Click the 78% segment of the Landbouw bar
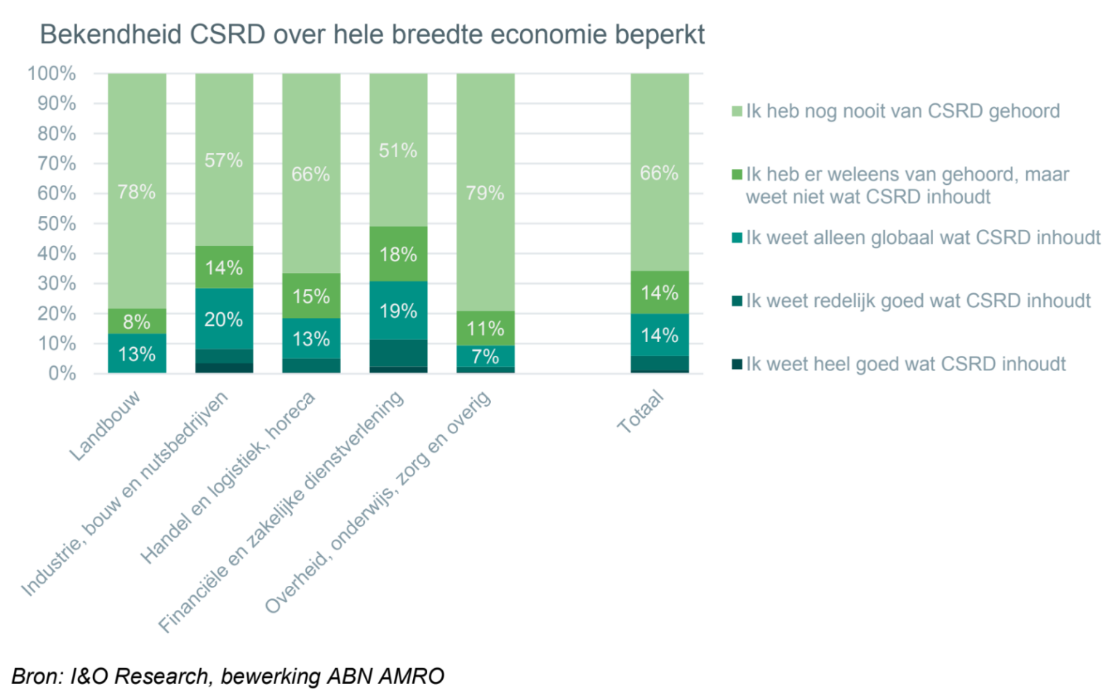coord(137,191)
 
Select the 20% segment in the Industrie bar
coord(224,319)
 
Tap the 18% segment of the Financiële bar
coord(399,254)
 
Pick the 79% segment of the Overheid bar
coord(485,193)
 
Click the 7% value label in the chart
coord(485,357)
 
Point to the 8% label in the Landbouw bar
coord(137,322)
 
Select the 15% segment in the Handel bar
coord(311,296)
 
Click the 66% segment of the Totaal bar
coord(659,173)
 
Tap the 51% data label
coord(399,151)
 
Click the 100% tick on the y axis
coord(52,74)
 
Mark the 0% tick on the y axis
coord(62,373)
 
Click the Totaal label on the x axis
coord(641,412)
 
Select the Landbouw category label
coord(105,426)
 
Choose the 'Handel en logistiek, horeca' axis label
coord(228,477)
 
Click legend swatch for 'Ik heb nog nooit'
coord(737,111)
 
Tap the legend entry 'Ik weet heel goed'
coord(905,364)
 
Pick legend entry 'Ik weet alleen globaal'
coord(923,238)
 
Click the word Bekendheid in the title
coord(111,34)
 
